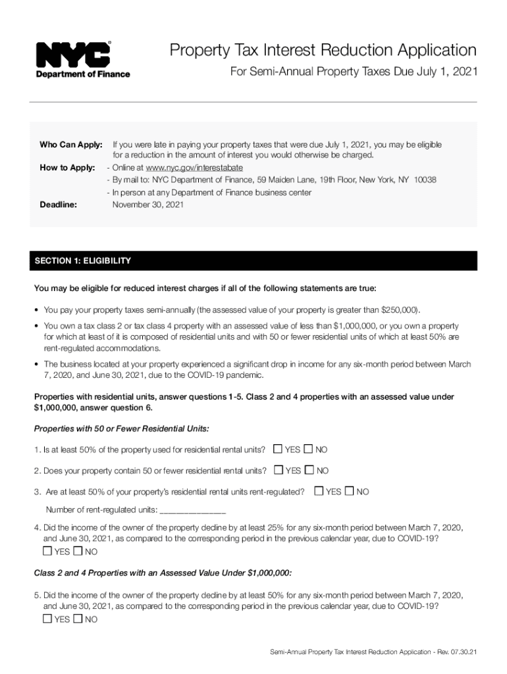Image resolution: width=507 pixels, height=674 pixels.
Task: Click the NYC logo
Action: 74,55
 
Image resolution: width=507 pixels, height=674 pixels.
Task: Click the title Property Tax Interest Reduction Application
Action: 323,50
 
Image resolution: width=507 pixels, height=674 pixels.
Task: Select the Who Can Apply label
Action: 71,144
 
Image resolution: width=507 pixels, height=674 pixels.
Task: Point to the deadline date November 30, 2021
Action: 148,205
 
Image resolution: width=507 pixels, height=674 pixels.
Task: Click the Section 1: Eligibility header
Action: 83,261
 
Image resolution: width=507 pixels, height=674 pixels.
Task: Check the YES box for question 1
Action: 278,449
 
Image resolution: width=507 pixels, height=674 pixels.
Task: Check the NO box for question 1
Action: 308,449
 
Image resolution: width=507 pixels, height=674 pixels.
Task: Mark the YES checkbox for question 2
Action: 279,470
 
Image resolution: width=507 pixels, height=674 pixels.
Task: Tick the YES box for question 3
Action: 319,491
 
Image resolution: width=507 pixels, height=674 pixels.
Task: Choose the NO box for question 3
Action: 350,491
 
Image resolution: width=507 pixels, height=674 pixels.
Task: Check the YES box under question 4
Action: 47,551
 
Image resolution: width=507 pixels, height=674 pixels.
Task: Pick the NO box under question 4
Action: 78,551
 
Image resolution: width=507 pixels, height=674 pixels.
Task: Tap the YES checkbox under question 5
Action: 47,619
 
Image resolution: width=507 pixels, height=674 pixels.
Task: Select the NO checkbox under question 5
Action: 78,619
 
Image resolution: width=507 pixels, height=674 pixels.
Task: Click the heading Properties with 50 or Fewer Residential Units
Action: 122,429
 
